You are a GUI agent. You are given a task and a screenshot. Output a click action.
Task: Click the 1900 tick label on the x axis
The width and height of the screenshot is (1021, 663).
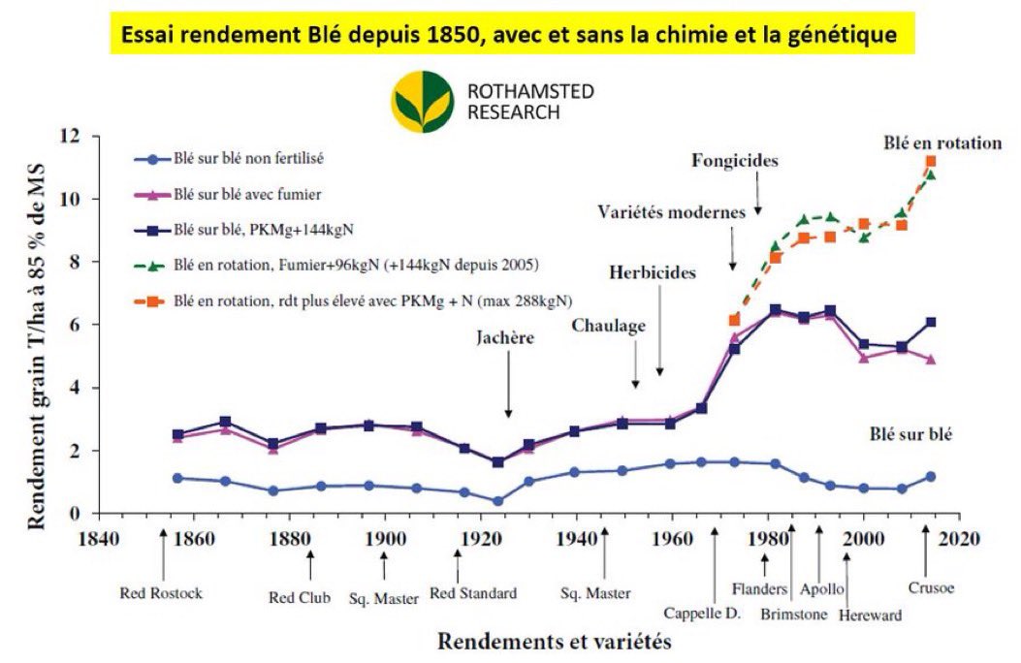385,538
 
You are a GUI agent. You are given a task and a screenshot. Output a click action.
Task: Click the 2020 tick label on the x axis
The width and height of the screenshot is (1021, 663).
958,538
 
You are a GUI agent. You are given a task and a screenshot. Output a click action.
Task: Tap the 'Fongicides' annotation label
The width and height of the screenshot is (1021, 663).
735,160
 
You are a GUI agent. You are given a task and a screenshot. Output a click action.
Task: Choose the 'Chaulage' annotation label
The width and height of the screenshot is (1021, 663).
608,326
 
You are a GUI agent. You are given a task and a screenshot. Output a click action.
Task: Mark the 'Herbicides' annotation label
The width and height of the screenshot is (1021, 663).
653,272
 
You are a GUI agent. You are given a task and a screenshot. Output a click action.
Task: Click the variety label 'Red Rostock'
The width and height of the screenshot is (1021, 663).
161,592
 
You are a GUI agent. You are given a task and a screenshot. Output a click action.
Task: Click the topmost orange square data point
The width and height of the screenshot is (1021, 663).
931,162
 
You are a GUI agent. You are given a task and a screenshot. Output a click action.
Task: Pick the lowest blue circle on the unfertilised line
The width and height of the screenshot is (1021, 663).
497,501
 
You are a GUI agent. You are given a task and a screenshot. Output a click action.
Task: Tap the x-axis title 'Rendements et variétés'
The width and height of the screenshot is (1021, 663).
554,641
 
